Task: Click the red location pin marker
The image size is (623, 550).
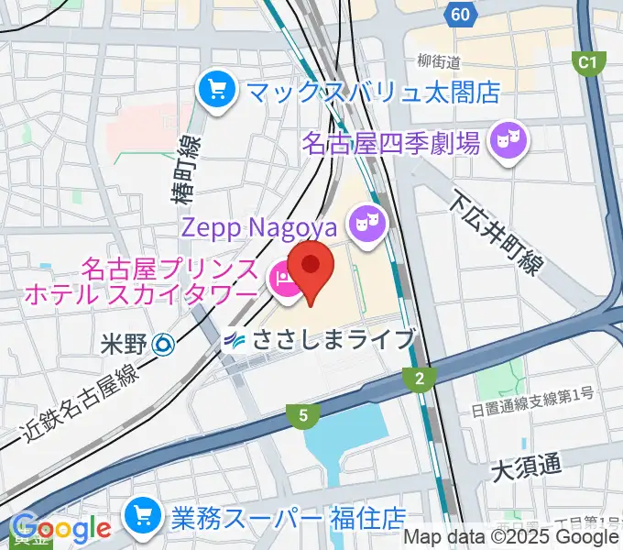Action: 311,266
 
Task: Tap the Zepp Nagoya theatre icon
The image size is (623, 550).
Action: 367,224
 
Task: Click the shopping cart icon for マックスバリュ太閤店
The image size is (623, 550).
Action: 217,90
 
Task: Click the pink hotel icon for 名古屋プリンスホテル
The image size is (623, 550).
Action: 282,280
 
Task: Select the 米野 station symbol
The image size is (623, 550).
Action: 163,344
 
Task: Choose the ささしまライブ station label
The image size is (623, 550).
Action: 334,339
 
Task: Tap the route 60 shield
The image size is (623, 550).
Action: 462,14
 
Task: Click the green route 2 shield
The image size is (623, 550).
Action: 419,377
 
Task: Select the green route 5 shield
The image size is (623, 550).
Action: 301,416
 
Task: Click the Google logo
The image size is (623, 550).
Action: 60,529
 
